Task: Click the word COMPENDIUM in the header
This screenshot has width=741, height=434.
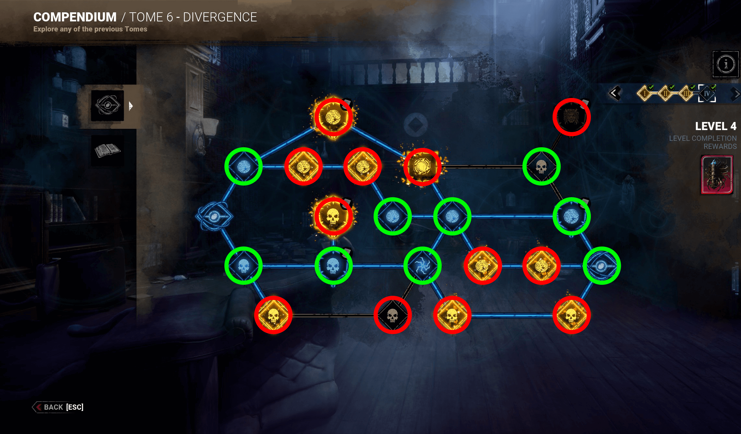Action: tap(75, 17)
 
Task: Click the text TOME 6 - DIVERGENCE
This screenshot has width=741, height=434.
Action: tap(193, 17)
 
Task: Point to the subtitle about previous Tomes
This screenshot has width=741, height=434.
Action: tap(90, 29)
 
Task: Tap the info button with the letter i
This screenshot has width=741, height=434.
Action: tap(726, 64)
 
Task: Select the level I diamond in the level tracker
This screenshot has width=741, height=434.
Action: tap(644, 94)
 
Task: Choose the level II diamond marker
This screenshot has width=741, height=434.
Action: tap(665, 94)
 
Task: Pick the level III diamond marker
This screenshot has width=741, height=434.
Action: tap(686, 94)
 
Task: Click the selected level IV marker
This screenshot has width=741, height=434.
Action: tap(707, 94)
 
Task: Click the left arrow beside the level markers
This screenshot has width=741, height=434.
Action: tap(614, 93)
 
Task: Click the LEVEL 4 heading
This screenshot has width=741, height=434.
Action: tap(715, 126)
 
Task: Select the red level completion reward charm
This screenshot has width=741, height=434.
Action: tap(717, 175)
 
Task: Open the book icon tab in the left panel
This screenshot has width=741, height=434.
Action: tap(107, 150)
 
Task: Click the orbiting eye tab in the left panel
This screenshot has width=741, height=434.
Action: tap(107, 105)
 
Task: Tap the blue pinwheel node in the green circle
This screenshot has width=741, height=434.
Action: tap(422, 266)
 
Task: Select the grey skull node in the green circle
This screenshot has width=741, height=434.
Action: tap(541, 166)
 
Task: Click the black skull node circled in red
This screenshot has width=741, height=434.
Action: tap(392, 315)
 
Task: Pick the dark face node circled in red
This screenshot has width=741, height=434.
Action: tap(571, 117)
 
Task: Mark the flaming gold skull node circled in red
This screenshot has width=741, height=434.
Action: tap(333, 216)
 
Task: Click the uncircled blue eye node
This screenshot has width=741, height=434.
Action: tap(214, 216)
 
